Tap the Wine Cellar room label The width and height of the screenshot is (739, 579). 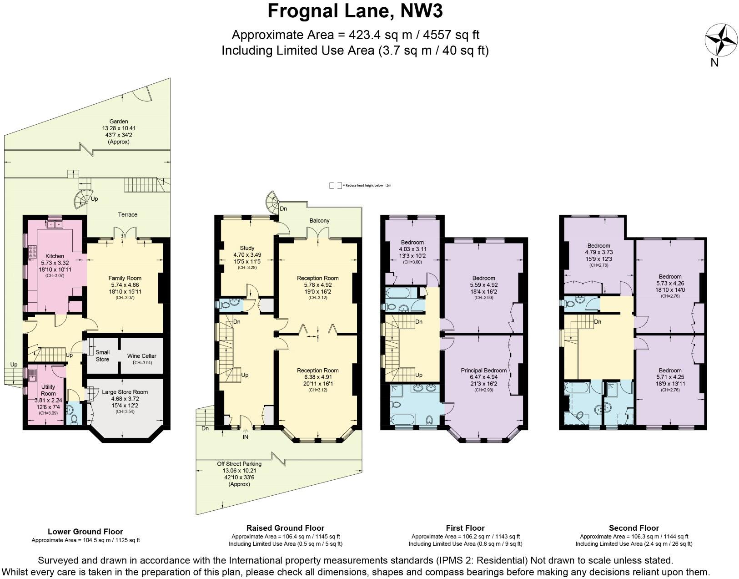click(x=141, y=356)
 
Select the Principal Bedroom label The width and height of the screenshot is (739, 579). click(x=483, y=371)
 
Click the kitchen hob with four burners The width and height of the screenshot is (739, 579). click(x=33, y=252)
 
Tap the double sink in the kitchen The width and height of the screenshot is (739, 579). click(x=55, y=224)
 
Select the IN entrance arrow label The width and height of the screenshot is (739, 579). click(x=246, y=437)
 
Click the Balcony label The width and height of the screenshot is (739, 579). click(x=319, y=220)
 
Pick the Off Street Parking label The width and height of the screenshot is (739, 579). click(x=239, y=464)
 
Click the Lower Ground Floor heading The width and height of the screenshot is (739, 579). click(x=85, y=531)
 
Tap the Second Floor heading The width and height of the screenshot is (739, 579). click(x=633, y=528)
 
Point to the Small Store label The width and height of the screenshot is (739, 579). click(x=102, y=356)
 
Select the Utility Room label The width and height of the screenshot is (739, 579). click(x=48, y=390)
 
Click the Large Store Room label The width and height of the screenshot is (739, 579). click(x=125, y=392)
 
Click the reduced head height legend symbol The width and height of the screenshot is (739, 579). click(x=335, y=186)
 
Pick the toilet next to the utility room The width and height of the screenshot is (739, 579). click(x=73, y=419)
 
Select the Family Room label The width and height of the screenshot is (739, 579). click(x=125, y=278)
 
